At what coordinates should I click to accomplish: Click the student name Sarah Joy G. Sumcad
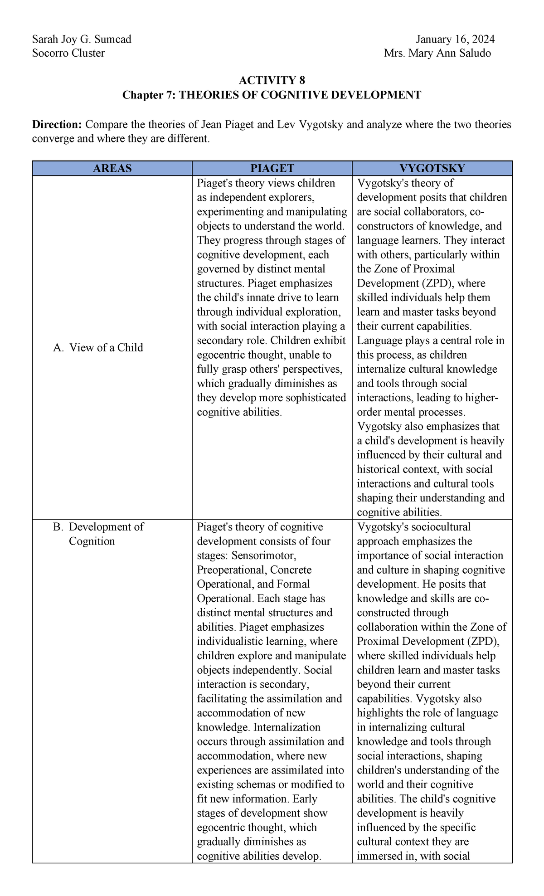pos(82,39)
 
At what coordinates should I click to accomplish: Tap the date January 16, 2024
pos(455,39)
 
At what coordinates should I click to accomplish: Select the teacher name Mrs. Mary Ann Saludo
pos(437,54)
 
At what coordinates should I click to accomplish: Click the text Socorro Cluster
pos(68,54)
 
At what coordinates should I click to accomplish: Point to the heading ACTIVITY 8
pos(272,81)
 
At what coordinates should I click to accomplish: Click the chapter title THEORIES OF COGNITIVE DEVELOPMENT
pos(300,95)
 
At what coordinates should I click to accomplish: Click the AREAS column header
pos(112,169)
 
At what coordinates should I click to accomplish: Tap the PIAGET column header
pos(272,169)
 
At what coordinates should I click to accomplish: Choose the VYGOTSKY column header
pos(432,169)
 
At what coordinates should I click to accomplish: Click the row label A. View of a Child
pos(98,348)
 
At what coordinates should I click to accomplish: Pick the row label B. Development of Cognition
pos(106,534)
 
